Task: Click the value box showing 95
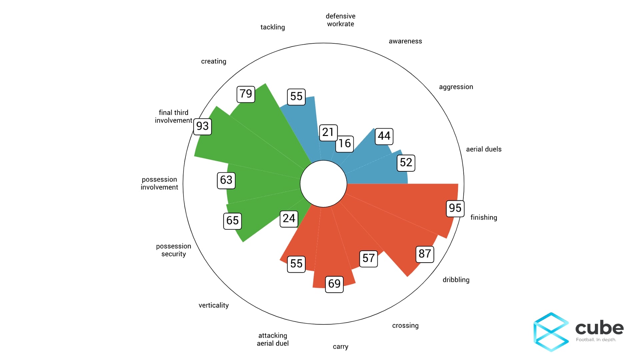point(455,208)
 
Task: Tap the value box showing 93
point(202,126)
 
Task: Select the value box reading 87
point(425,254)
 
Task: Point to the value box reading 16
point(344,143)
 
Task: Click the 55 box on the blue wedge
point(296,96)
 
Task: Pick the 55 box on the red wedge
point(296,264)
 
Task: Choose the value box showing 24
point(289,218)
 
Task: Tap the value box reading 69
point(334,284)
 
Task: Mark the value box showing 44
point(384,136)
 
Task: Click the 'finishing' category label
point(483,218)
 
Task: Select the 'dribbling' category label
point(456,280)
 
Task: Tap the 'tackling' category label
point(272,27)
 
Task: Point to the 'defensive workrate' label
point(340,20)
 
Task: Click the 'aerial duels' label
point(483,149)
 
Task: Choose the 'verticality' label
point(213,305)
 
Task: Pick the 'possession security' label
point(173,250)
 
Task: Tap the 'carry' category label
point(340,347)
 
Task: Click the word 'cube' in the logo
point(599,328)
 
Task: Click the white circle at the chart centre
point(323,184)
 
